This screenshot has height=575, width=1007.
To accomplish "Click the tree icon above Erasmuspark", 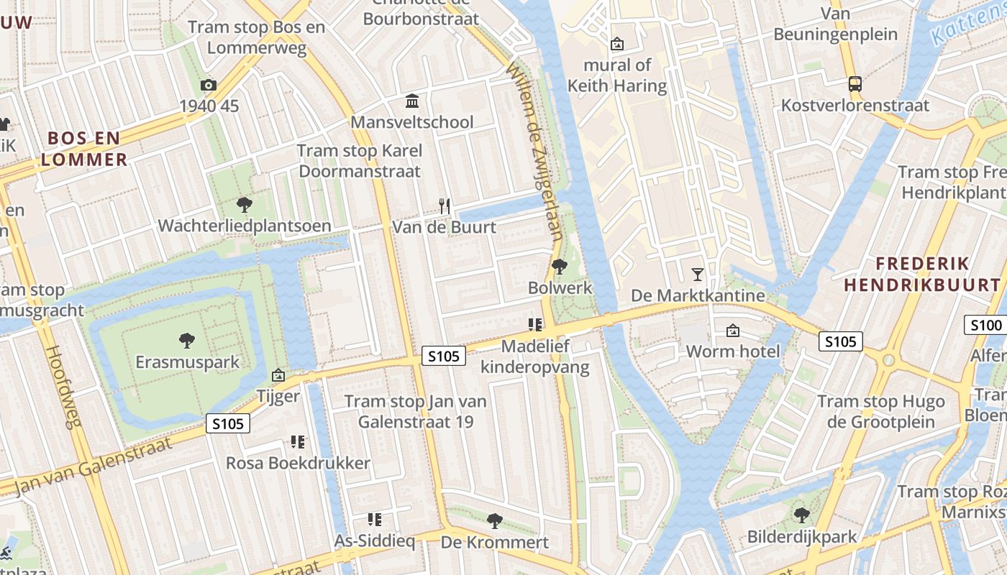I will coord(187,340).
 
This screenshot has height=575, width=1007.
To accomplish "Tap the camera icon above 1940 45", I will coord(209,85).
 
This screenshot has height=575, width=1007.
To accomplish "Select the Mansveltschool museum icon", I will coord(412,101).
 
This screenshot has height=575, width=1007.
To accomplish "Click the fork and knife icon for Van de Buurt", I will coord(445,206).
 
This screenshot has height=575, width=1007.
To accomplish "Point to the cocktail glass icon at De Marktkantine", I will coord(697,274).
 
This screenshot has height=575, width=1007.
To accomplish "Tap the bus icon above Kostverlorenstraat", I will coord(855,84).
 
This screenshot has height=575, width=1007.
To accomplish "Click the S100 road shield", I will coord(985,325).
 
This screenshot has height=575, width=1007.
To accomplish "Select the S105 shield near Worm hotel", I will coord(841,341).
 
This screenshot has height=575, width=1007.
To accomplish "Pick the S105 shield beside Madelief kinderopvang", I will coord(444,355).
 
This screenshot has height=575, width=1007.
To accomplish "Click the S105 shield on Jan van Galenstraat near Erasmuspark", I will coord(228,423).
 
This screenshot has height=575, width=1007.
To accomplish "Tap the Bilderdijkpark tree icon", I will coord(802,515).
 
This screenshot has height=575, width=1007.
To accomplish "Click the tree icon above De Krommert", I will coord(494,520).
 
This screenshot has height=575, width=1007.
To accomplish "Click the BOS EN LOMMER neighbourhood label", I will coord(83,149).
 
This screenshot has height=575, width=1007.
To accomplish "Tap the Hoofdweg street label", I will coord(64,387).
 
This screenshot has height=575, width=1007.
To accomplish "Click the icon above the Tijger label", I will coord(278,375).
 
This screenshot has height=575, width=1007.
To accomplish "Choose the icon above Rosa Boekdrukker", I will coord(298,441).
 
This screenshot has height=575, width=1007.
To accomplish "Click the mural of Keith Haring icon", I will coord(617,44).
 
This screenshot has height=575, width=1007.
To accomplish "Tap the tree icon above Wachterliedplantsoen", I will coord(245,205).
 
